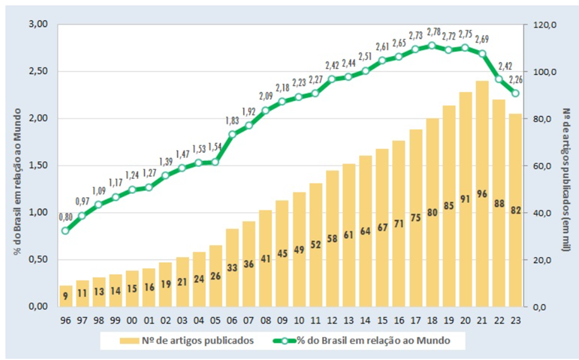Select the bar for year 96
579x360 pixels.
click(x=66, y=296)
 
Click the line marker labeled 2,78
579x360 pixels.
click(x=432, y=45)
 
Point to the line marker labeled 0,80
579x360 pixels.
click(x=66, y=231)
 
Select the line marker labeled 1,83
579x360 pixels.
click(x=232, y=134)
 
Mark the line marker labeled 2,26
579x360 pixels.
click(x=516, y=93)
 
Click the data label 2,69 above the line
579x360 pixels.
click(x=482, y=39)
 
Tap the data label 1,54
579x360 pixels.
click(x=215, y=147)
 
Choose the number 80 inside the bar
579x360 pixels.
click(x=432, y=213)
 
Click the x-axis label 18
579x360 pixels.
click(x=432, y=318)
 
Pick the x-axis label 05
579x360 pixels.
click(x=215, y=318)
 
